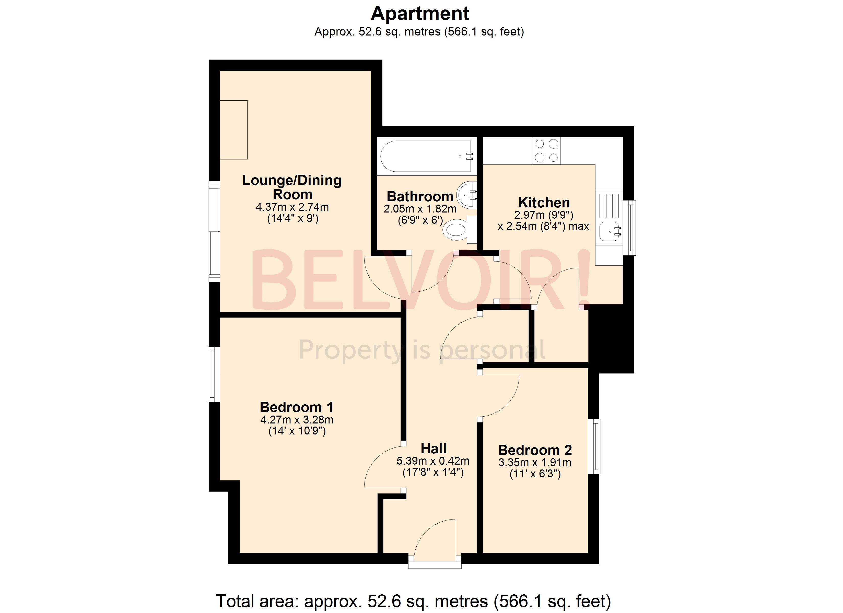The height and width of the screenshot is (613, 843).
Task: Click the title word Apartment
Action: click(x=420, y=14)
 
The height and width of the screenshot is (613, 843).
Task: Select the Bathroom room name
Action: click(x=420, y=196)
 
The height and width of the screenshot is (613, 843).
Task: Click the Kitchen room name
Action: click(x=544, y=203)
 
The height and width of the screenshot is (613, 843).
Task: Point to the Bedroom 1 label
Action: click(x=296, y=407)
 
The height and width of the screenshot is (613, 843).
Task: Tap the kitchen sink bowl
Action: click(x=609, y=231)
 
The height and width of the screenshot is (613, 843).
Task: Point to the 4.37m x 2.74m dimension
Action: click(x=292, y=207)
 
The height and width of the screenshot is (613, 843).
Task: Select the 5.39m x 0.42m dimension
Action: click(x=433, y=461)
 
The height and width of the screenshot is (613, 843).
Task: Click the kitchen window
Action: click(x=629, y=228)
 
